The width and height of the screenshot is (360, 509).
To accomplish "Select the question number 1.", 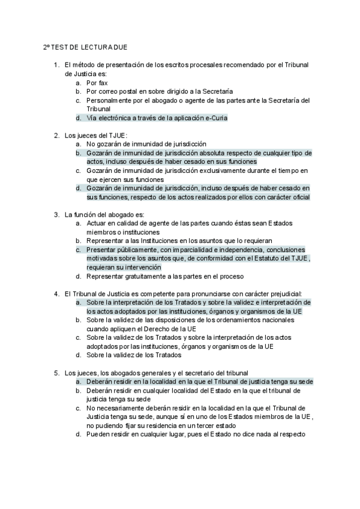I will (x=56, y=64).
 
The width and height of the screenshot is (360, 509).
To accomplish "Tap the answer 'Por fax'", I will (x=97, y=82).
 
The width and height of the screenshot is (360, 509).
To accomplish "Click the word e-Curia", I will (x=213, y=118).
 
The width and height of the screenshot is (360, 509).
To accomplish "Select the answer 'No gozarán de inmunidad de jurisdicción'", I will (x=146, y=144).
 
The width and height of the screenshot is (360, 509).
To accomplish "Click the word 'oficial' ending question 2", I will (x=299, y=197).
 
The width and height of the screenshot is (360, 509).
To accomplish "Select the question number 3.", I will (x=56, y=214).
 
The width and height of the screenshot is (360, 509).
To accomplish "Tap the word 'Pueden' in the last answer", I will (x=98, y=435).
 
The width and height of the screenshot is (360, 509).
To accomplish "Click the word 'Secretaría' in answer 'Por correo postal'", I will (x=218, y=91).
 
